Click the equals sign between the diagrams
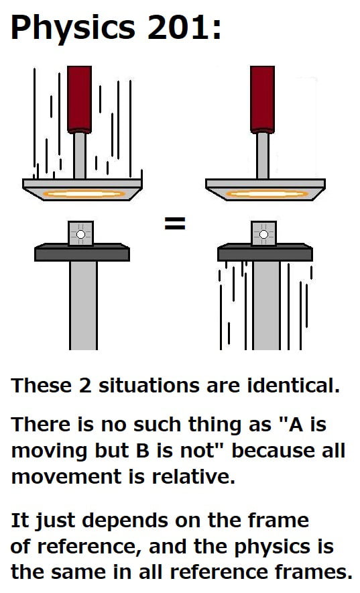175,225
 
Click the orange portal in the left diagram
84,194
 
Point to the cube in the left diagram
81,234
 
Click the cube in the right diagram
263,234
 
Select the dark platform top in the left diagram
82,253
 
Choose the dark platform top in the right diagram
265,253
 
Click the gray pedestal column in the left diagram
83,305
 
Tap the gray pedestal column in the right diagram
266,305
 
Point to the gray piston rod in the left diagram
80,155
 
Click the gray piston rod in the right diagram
262,155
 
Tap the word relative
196,477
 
